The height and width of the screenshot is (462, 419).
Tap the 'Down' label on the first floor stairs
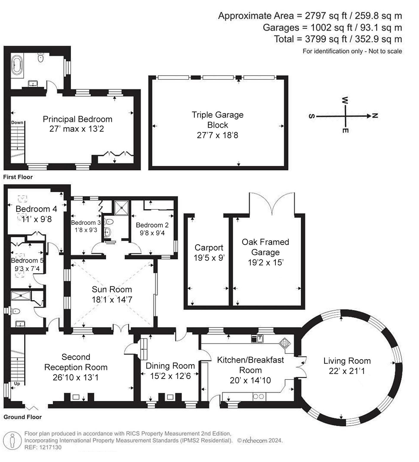click(x=17, y=122)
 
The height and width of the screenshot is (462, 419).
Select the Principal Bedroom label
click(x=78, y=119)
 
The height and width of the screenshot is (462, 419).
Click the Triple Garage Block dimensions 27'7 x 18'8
click(x=217, y=135)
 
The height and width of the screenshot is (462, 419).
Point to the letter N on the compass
click(x=375, y=116)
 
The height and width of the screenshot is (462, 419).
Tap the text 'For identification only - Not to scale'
click(x=352, y=51)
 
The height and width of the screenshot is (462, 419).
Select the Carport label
click(x=209, y=248)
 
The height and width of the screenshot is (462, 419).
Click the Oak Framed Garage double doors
click(x=272, y=204)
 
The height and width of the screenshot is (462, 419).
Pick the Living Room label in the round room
click(x=347, y=361)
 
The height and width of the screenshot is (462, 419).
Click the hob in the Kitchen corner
click(x=285, y=343)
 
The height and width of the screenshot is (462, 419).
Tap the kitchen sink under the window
click(x=257, y=338)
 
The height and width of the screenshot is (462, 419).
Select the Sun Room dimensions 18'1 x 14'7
click(x=112, y=300)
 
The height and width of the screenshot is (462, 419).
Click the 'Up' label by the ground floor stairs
click(x=17, y=384)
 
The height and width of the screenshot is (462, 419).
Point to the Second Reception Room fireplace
click(x=76, y=397)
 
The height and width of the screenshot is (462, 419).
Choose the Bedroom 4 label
click(x=36, y=209)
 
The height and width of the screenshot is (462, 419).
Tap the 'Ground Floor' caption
click(x=22, y=417)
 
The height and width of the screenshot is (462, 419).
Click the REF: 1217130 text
click(x=43, y=447)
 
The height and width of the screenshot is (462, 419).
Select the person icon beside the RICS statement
click(x=12, y=440)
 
